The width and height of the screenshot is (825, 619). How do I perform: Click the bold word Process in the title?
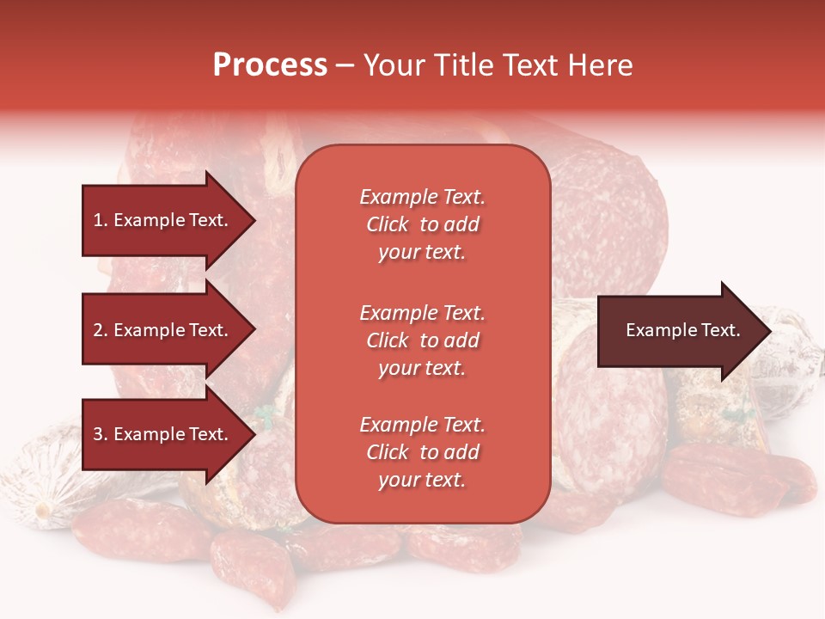pos(270,65)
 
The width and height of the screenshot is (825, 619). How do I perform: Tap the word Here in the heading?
pos(601,65)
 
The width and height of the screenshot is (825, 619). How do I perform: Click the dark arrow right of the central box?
pos(679,330)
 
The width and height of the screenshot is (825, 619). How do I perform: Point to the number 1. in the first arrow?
pos(101,220)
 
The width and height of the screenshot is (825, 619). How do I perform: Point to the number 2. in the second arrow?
pos(101,330)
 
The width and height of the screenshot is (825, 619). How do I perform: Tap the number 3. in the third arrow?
pos(101,434)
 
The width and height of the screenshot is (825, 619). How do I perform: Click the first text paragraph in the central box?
pos(422,224)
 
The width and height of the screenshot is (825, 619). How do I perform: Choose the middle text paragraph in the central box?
pos(422,340)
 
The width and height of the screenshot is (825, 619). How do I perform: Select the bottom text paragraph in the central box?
pos(422,452)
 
